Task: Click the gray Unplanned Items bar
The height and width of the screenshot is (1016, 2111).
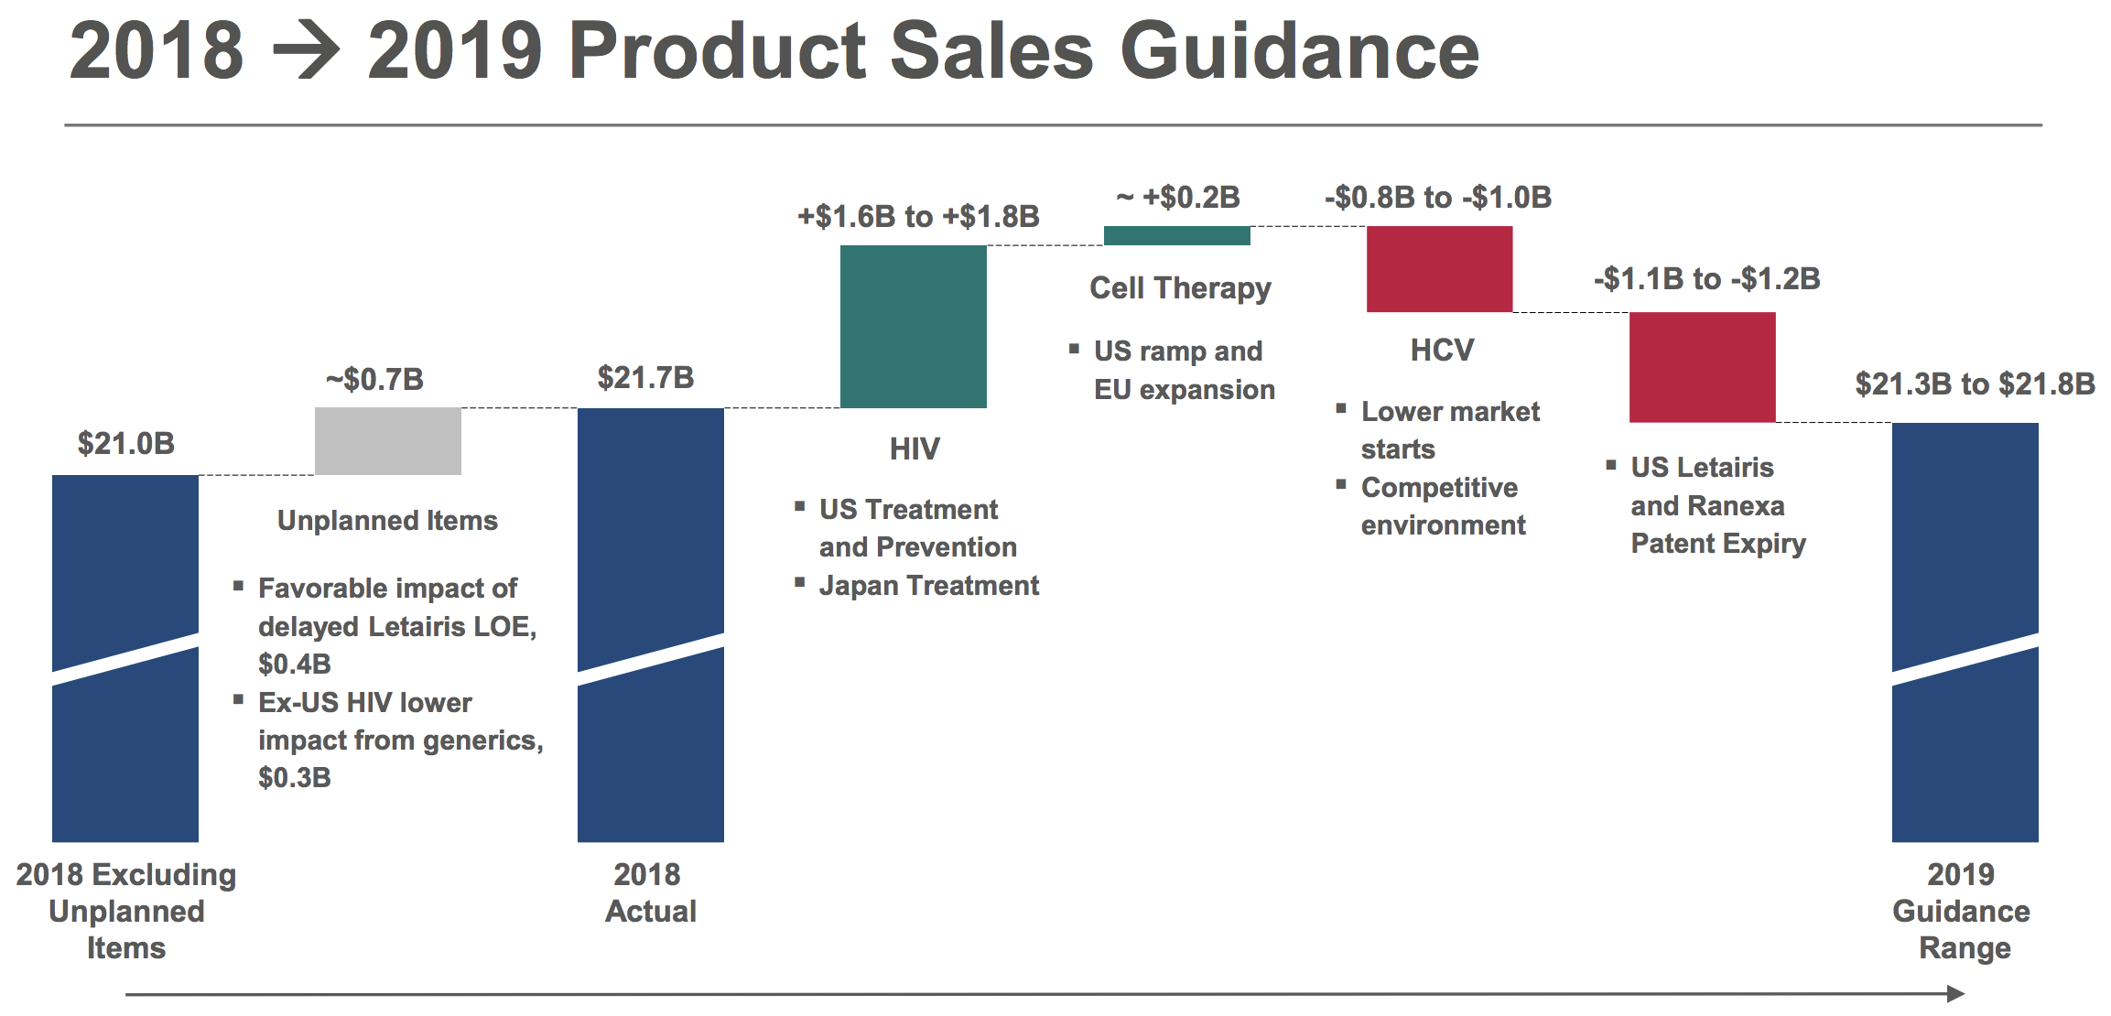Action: pyautogui.click(x=388, y=441)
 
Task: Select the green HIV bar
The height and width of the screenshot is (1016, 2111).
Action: pyautogui.click(x=914, y=327)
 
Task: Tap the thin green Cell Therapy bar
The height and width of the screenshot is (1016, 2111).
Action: pyautogui.click(x=1177, y=235)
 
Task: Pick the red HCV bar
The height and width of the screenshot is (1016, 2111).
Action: pyautogui.click(x=1440, y=269)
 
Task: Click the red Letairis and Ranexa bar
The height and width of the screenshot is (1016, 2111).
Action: pyautogui.click(x=1703, y=367)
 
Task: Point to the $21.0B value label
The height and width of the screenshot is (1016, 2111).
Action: pyautogui.click(x=126, y=444)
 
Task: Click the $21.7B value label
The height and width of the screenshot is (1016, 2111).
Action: pyautogui.click(x=646, y=377)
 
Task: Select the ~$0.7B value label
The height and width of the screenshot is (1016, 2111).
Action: pyautogui.click(x=375, y=379)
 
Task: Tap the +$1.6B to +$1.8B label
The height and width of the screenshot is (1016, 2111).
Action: pyautogui.click(x=918, y=217)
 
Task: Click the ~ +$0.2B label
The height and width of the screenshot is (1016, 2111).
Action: pyautogui.click(x=1178, y=197)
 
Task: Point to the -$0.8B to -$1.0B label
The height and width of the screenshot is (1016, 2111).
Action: pyautogui.click(x=1438, y=197)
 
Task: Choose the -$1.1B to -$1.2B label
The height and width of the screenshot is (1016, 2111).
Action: pyautogui.click(x=1707, y=278)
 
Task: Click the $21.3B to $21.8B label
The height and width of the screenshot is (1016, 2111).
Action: pyautogui.click(x=1976, y=384)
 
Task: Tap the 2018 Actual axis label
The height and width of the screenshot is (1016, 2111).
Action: pyautogui.click(x=649, y=892)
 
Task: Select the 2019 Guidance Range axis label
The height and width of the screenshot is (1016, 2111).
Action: pyautogui.click(x=1962, y=911)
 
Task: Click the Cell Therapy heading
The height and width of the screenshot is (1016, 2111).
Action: pyautogui.click(x=1180, y=288)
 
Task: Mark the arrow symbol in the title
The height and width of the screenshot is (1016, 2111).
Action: pyautogui.click(x=307, y=51)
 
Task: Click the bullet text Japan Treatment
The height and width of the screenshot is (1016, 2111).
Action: pyautogui.click(x=929, y=586)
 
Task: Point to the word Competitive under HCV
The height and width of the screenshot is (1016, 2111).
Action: pyautogui.click(x=1439, y=488)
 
